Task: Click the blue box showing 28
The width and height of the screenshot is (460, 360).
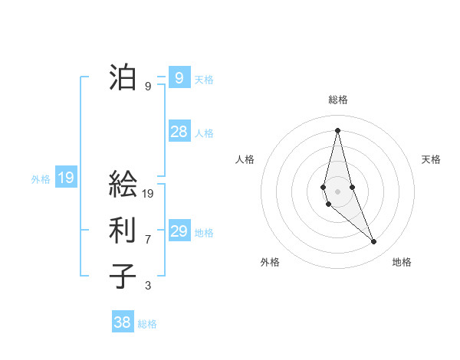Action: click(179, 132)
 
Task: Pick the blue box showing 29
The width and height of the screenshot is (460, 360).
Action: click(179, 231)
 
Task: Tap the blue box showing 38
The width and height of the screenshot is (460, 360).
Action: click(123, 322)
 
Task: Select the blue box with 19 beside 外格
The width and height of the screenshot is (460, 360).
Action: click(66, 178)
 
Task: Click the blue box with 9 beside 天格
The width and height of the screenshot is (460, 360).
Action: click(179, 77)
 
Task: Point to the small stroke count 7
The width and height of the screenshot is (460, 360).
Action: click(148, 240)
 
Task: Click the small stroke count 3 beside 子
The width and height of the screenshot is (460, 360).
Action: click(148, 286)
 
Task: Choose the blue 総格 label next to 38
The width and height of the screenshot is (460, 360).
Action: click(147, 324)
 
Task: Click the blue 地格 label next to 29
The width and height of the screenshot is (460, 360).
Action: click(204, 232)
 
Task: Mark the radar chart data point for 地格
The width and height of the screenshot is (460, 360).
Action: click(374, 242)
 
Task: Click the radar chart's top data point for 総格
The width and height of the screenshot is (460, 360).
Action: click(337, 129)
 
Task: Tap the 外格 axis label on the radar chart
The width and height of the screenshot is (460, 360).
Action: click(270, 262)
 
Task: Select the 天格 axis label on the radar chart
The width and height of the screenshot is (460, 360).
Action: click(431, 159)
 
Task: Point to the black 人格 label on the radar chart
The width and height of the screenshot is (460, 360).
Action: click(245, 159)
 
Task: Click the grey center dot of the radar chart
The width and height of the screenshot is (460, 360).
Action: click(337, 191)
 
